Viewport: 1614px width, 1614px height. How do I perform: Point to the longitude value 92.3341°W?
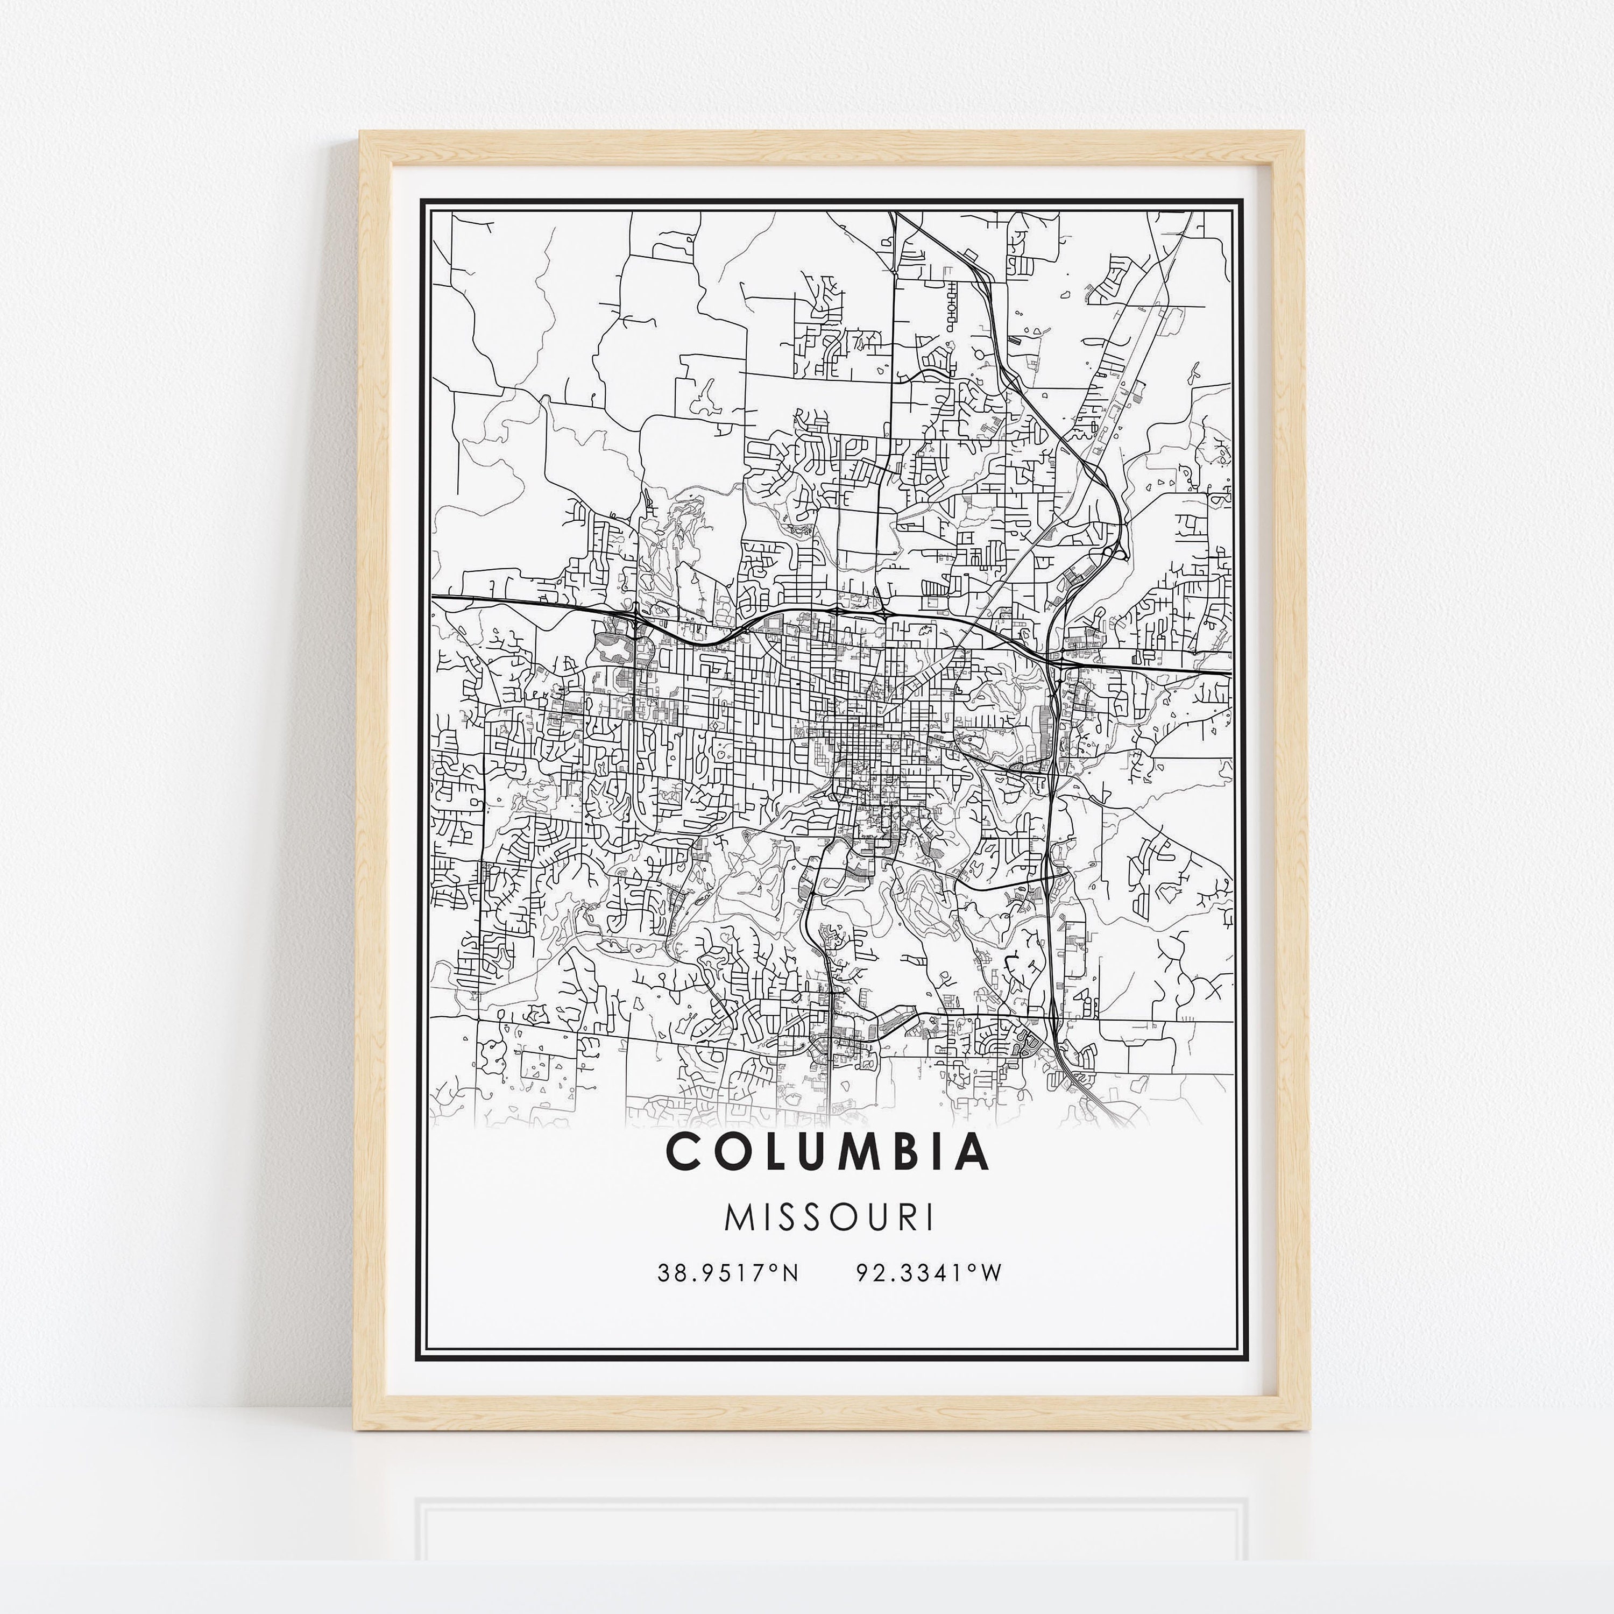[x=928, y=1273]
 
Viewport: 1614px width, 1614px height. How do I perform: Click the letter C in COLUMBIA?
[x=683, y=1152]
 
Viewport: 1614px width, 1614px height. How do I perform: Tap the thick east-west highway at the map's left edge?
[x=443, y=598]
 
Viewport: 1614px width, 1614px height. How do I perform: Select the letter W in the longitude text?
[x=992, y=1273]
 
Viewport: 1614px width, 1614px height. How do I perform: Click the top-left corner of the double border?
[x=421, y=201]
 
